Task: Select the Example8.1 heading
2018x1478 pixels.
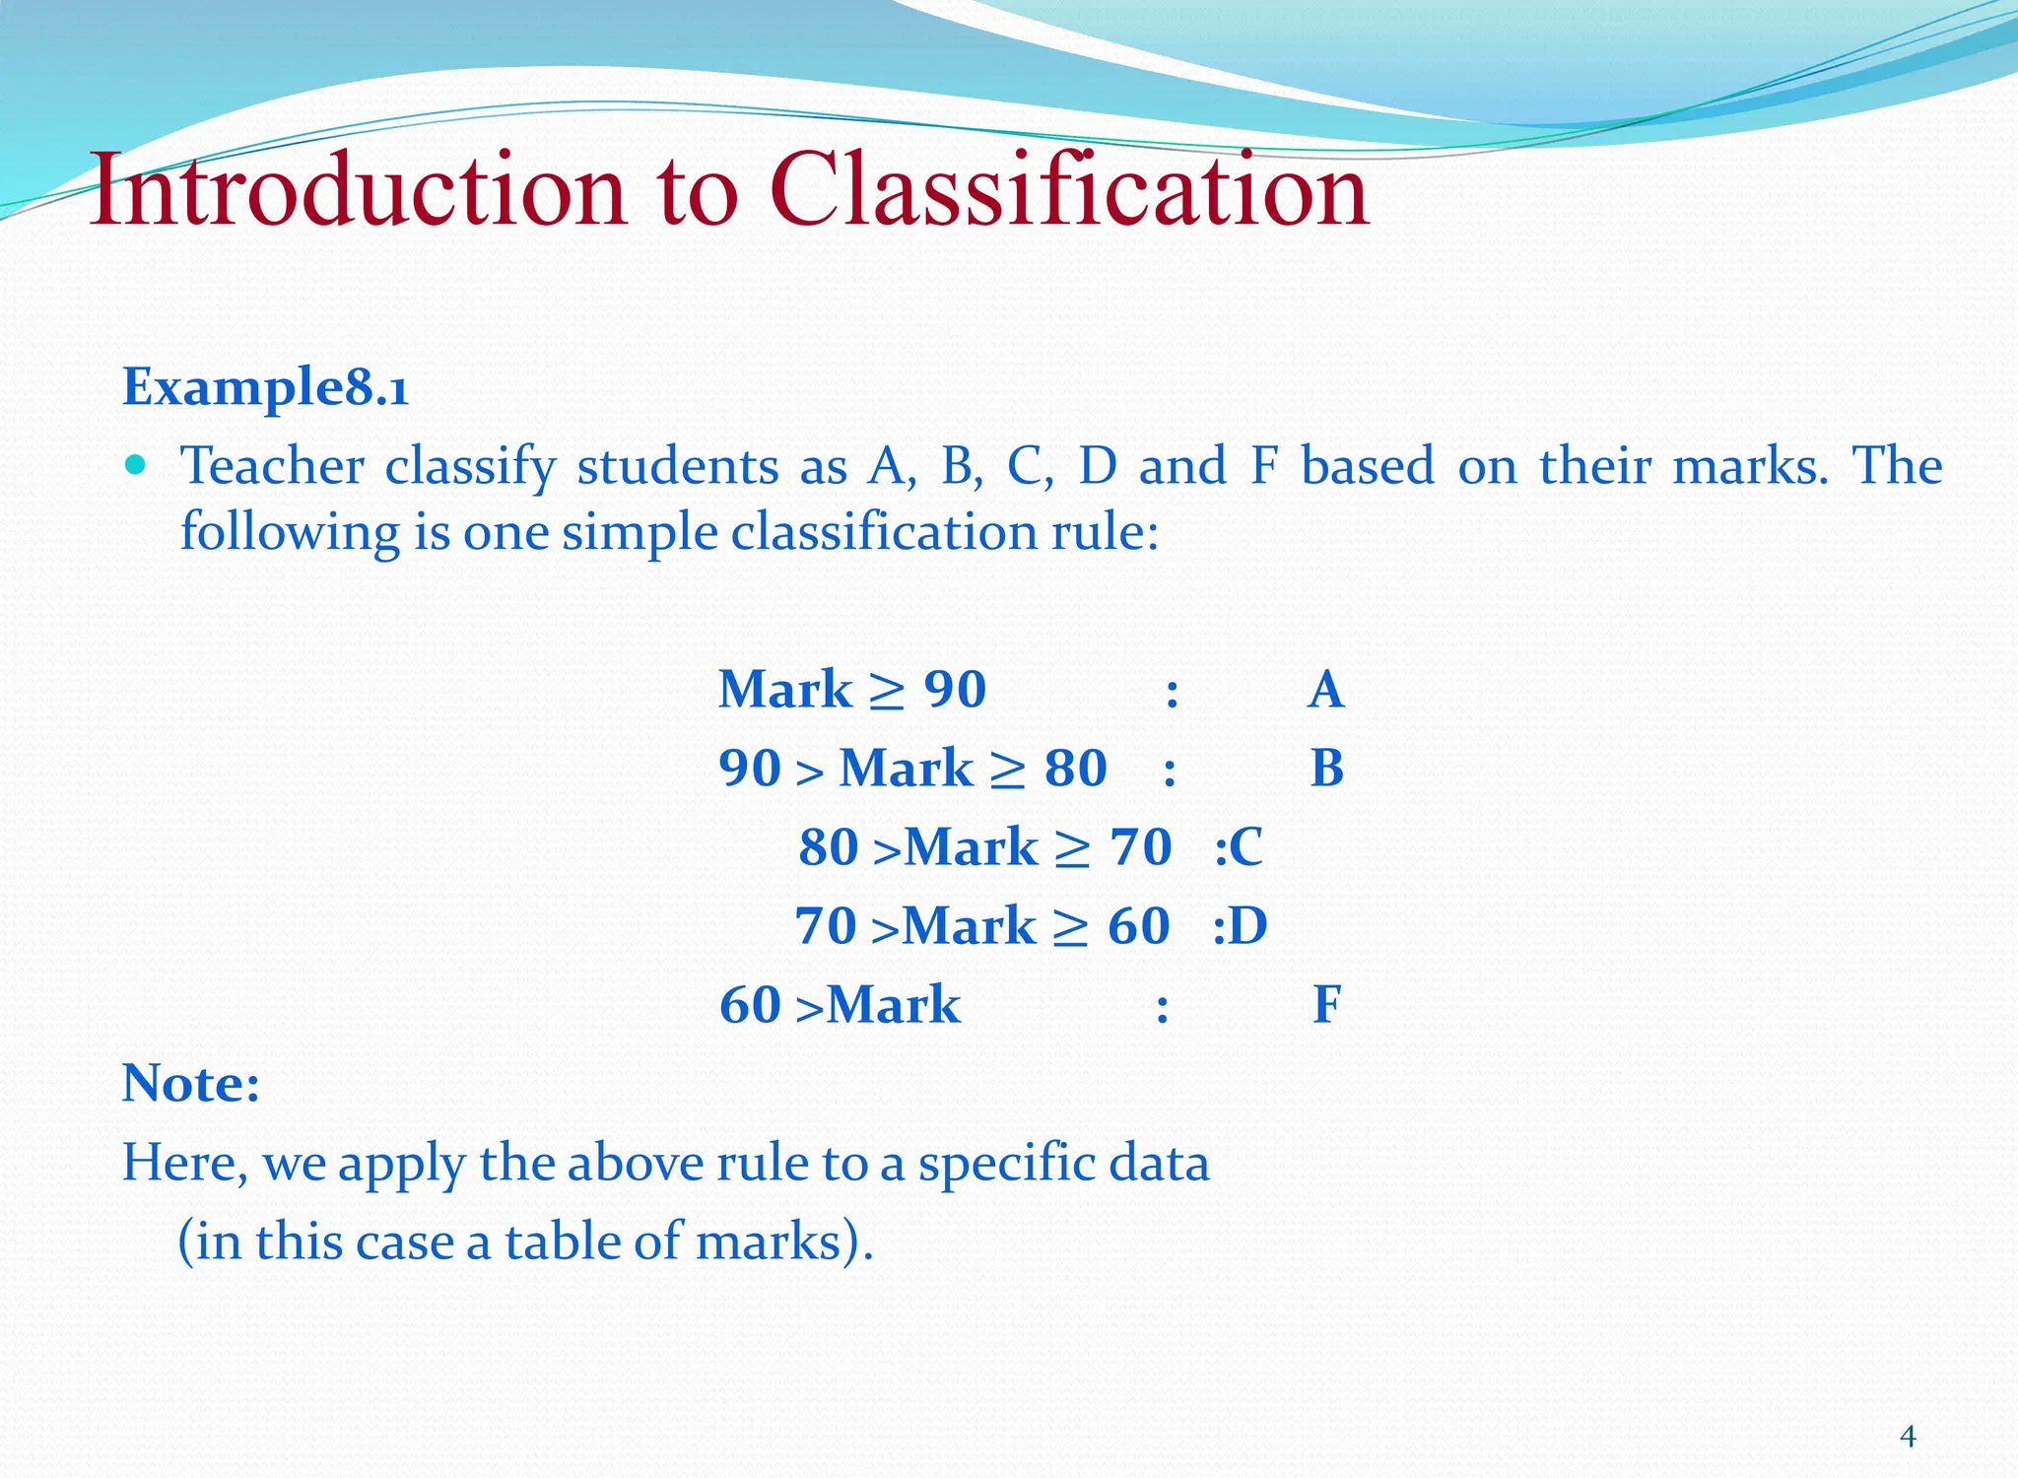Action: point(265,386)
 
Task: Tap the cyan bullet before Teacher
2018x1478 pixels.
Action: point(136,464)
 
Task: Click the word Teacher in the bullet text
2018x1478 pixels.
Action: point(272,466)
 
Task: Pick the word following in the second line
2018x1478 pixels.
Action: point(290,533)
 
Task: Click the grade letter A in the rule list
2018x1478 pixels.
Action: point(1326,689)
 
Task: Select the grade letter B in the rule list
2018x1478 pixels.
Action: point(1326,768)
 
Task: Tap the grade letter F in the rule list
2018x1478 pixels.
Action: point(1326,1005)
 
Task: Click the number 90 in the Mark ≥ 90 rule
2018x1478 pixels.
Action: point(955,689)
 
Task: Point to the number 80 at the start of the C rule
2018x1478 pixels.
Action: point(829,847)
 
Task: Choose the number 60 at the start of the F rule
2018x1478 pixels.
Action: point(750,1005)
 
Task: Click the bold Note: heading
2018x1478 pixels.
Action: point(191,1084)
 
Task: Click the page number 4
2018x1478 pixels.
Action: point(1908,1437)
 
